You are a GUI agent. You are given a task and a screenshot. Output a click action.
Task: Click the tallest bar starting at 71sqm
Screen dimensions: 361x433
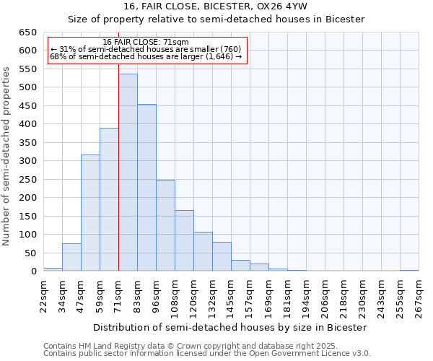point(128,173)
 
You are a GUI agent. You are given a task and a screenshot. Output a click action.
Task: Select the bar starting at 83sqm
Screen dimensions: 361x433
point(146,188)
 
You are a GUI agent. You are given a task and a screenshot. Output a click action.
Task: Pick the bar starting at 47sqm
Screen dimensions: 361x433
point(90,213)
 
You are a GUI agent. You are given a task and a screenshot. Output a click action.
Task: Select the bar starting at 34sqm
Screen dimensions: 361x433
point(71,257)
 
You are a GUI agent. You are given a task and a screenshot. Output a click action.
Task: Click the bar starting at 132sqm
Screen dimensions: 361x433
point(222,256)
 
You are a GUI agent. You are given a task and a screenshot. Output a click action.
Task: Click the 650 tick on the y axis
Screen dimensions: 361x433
point(27,32)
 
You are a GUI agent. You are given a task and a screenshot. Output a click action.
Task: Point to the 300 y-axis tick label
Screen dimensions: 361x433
point(27,161)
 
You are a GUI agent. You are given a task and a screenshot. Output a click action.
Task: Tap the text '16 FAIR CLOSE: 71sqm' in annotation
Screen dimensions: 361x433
point(146,42)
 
